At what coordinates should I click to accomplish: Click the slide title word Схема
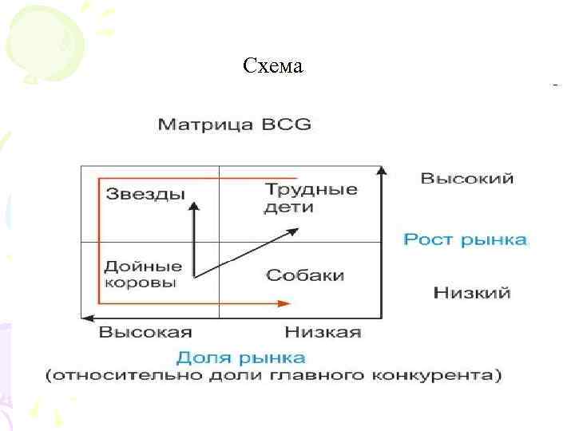tap(273, 66)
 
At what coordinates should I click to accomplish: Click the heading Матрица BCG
tap(234, 125)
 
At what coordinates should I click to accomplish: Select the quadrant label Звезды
tap(145, 194)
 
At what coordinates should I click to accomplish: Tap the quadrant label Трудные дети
tap(311, 198)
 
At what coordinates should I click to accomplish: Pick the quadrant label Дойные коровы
tap(143, 274)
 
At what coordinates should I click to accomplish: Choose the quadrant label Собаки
tap(305, 275)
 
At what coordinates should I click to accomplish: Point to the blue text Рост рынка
tap(465, 239)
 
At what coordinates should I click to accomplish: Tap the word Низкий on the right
tap(471, 293)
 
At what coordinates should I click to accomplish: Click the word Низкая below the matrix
tap(323, 331)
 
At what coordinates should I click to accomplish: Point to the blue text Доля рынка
tap(240, 356)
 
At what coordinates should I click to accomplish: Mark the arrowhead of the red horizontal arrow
tap(284, 303)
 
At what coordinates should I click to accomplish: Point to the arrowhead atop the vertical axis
tap(382, 170)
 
